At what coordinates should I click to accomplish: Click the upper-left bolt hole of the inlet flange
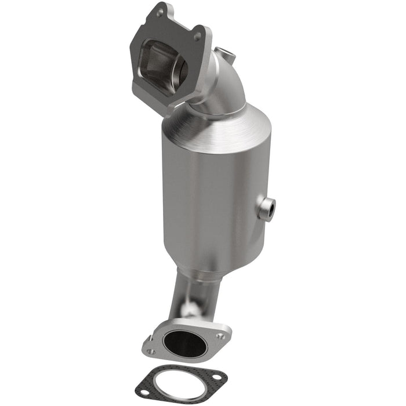pos(159,12)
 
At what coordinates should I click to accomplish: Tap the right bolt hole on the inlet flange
pos(197,36)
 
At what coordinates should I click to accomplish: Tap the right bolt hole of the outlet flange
pos(220,336)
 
